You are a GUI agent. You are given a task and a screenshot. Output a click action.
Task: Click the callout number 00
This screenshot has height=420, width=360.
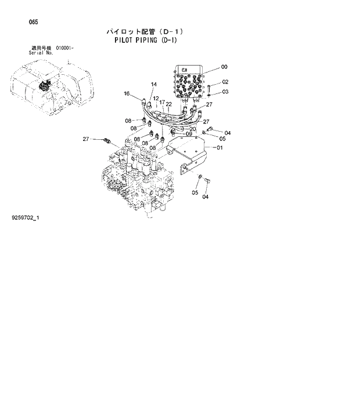click(224, 67)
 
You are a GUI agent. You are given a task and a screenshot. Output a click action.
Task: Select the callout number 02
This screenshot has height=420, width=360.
click(225, 82)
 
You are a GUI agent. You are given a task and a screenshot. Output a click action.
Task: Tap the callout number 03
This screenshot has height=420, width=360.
click(225, 92)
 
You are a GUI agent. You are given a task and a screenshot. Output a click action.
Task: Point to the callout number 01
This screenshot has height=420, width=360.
click(220, 148)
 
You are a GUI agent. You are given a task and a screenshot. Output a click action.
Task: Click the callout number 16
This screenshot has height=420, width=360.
click(127, 93)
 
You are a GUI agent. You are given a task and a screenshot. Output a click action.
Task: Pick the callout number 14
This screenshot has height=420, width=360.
click(154, 85)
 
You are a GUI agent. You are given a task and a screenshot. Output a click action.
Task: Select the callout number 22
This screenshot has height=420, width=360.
click(169, 104)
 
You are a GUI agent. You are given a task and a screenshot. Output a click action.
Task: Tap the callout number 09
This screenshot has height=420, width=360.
click(189, 134)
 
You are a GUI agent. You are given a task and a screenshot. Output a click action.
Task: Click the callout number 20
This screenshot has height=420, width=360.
click(192, 129)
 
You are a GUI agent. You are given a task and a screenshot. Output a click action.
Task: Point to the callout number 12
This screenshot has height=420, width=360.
click(156, 99)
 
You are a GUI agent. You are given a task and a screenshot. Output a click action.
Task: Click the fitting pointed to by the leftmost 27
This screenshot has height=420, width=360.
click(106, 140)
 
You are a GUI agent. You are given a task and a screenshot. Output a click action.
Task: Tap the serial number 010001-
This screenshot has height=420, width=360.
click(64, 48)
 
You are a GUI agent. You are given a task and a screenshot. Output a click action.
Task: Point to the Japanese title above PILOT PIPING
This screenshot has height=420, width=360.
click(145, 31)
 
